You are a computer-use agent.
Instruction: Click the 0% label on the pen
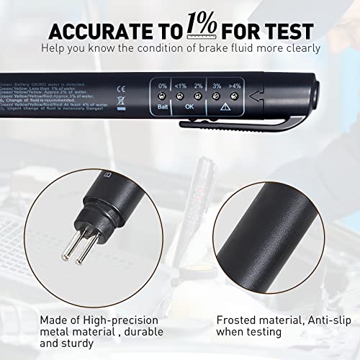[x=163, y=86]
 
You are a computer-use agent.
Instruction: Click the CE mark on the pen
[x=120, y=91]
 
